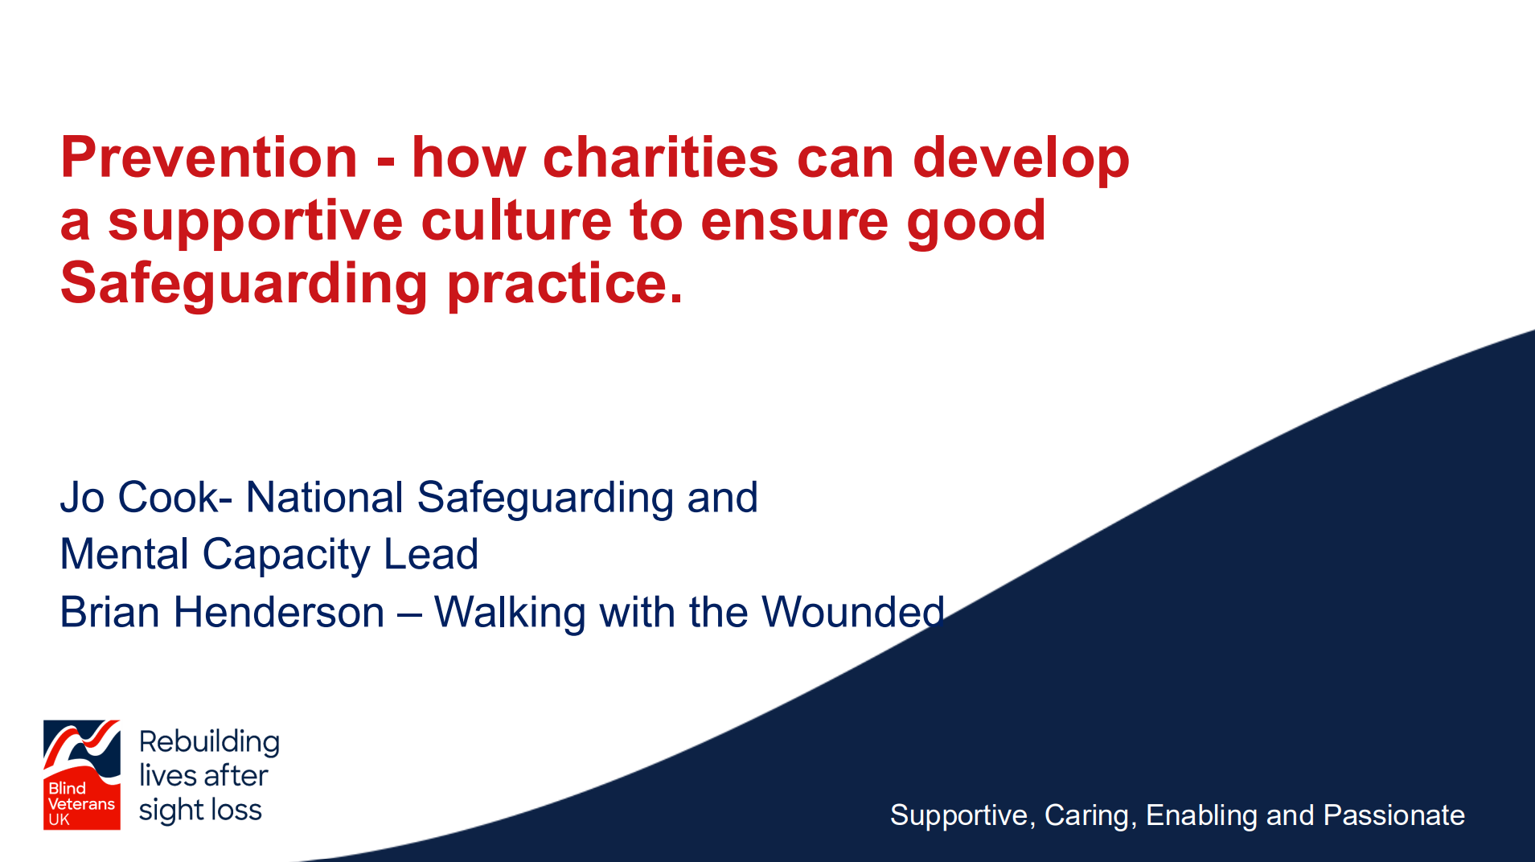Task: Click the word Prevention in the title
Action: coord(209,158)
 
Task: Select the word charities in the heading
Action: coord(660,158)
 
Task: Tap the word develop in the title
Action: coord(1020,159)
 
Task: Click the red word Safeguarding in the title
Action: coord(244,285)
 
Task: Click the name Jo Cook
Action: coord(139,498)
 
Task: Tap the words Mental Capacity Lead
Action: coord(269,555)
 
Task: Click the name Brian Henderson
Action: coord(222,613)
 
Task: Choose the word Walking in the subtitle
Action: coord(510,613)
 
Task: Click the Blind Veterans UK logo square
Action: coord(81,774)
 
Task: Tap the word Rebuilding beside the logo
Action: coord(209,741)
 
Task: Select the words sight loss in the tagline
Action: coord(200,810)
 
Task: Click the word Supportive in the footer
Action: coord(958,815)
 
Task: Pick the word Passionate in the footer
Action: coord(1393,815)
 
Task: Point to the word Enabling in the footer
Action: coord(1201,815)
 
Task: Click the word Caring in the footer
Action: coord(1086,815)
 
